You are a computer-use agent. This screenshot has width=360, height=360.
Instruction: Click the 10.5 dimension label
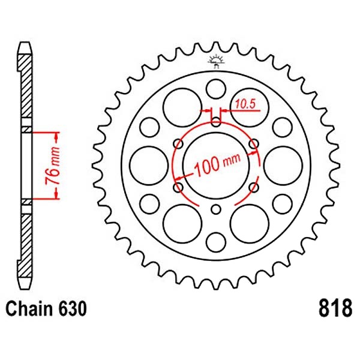245,104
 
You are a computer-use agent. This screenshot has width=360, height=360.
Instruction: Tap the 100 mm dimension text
217,164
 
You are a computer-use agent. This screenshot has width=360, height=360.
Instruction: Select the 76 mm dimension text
52,166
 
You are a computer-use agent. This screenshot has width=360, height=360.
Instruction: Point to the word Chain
29,308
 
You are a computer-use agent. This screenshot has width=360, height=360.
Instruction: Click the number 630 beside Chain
73,308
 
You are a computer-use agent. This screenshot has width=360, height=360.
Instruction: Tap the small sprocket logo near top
216,62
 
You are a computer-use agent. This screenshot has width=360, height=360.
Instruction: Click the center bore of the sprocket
216,166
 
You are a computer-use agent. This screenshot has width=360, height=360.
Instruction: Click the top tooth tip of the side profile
25,43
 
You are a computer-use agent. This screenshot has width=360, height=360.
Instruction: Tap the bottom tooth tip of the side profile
25,289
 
